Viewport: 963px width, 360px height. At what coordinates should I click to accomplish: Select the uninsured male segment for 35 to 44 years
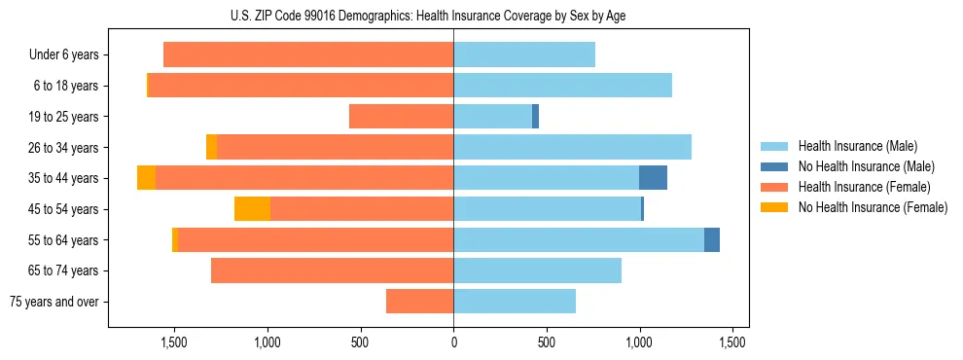[653, 178]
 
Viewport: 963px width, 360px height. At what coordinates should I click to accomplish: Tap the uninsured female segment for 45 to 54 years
[252, 209]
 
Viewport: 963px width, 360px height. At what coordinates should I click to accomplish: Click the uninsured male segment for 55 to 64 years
[712, 239]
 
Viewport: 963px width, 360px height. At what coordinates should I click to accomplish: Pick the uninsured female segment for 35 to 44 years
[146, 178]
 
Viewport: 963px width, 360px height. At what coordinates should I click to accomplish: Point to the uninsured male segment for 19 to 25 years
[535, 117]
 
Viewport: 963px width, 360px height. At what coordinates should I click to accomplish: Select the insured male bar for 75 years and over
[515, 302]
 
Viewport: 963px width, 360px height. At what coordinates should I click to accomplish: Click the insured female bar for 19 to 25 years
[401, 117]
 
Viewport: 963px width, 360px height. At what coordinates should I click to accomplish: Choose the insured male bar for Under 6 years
[524, 55]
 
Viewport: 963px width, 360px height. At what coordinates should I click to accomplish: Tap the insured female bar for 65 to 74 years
[332, 270]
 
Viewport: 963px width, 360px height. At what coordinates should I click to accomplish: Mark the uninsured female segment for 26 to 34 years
[211, 147]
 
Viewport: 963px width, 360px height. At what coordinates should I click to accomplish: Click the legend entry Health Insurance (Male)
[857, 146]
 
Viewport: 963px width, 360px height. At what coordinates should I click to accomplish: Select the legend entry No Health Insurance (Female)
[873, 207]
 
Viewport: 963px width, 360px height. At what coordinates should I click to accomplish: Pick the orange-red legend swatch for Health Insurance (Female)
[774, 187]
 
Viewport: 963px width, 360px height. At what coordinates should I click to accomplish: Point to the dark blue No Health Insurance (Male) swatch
[774, 166]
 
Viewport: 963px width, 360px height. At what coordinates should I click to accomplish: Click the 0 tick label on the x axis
[453, 342]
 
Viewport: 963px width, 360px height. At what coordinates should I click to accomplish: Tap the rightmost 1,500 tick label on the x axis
[732, 342]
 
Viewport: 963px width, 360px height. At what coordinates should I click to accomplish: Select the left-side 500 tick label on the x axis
[360, 342]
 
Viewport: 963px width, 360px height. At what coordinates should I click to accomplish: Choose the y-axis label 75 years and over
[53, 302]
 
